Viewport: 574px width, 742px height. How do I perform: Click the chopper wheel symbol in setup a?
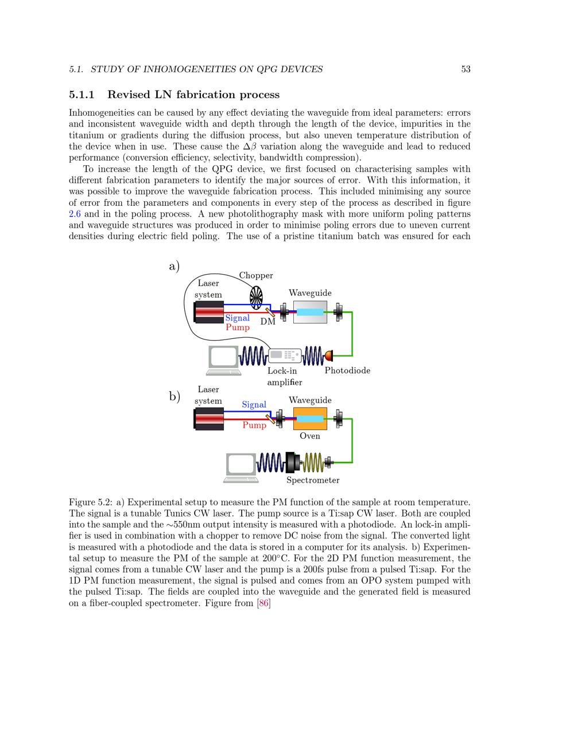click(x=256, y=298)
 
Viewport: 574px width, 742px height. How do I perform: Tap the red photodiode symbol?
click(x=329, y=356)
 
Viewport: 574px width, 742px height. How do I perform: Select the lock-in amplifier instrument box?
click(x=285, y=356)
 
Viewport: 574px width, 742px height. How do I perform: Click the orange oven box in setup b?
click(x=310, y=419)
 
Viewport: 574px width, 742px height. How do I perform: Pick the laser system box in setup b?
click(x=208, y=419)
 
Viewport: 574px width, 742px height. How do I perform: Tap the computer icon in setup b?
click(x=241, y=467)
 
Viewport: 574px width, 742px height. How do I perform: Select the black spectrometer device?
click(x=293, y=462)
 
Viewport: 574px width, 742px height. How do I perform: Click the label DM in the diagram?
click(x=268, y=322)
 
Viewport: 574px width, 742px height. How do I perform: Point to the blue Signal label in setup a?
click(x=237, y=318)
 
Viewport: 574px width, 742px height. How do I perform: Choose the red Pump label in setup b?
click(x=254, y=425)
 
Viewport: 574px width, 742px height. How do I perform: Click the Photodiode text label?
click(x=347, y=370)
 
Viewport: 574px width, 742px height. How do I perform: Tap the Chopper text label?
click(x=256, y=275)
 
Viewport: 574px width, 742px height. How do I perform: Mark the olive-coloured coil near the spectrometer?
click(x=313, y=462)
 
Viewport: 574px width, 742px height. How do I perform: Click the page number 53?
click(x=466, y=69)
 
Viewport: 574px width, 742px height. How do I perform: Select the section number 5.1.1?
click(x=82, y=95)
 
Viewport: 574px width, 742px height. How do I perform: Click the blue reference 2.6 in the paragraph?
click(x=75, y=214)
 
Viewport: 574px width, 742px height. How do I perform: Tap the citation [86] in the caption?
click(x=263, y=603)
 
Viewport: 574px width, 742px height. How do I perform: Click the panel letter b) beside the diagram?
click(x=174, y=396)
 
